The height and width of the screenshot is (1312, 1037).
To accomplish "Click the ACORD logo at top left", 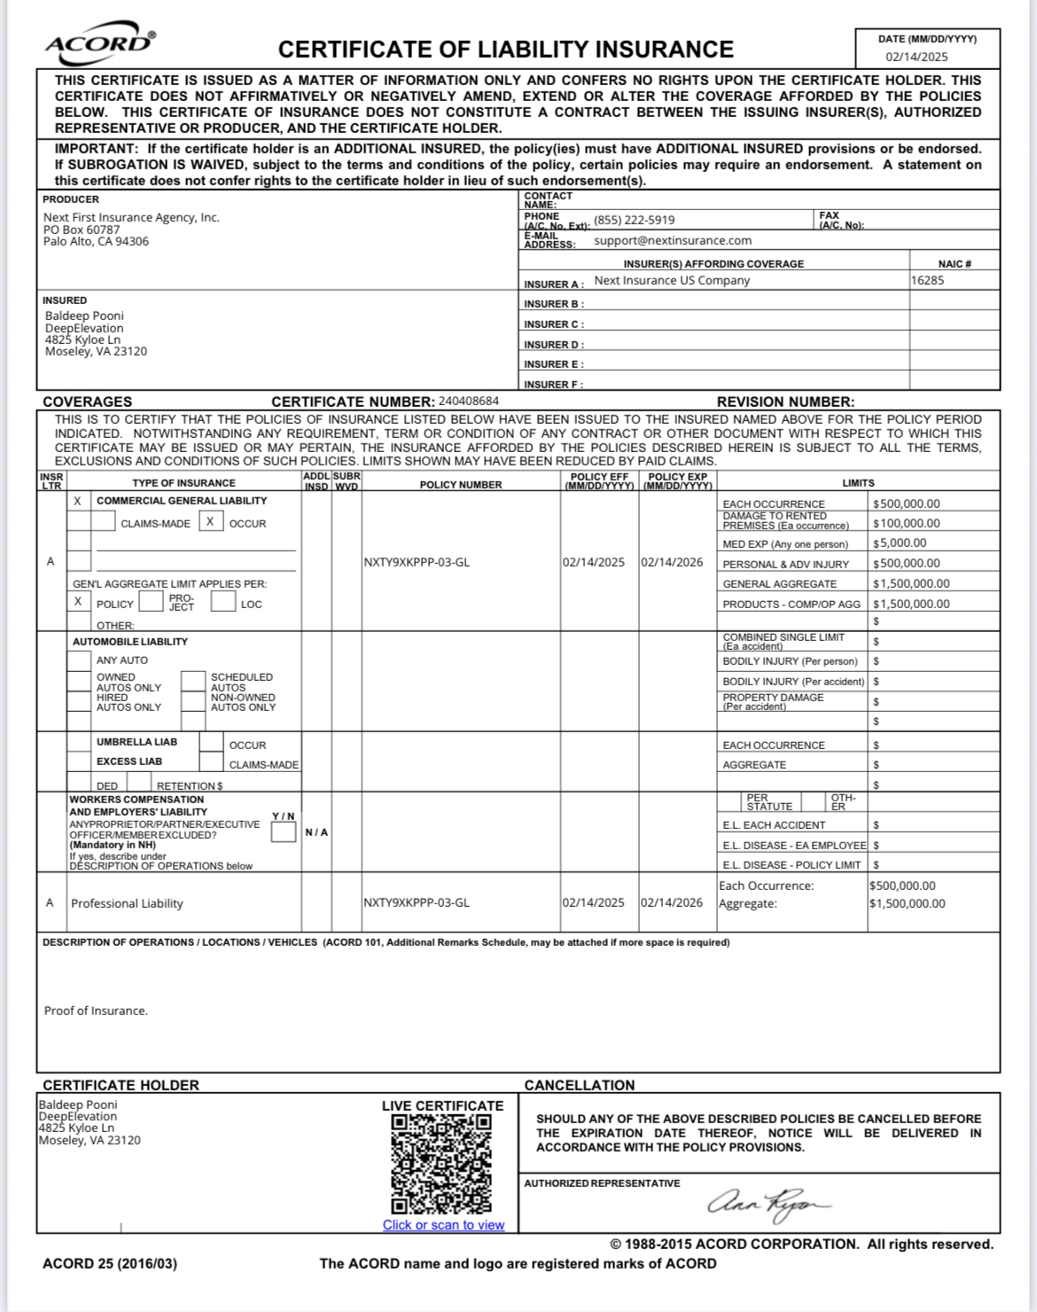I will click(x=99, y=43).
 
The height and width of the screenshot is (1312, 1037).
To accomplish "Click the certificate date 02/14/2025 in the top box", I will click(x=916, y=57).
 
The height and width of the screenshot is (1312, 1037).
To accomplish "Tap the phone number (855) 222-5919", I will click(x=634, y=220).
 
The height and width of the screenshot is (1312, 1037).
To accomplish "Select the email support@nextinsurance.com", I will click(x=672, y=240).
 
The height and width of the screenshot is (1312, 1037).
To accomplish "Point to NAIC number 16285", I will click(x=927, y=280).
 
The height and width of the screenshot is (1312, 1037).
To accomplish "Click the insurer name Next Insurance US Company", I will click(x=671, y=280).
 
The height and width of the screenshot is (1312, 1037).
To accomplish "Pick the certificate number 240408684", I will click(x=468, y=401).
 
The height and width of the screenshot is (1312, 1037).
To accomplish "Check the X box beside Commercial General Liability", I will click(x=78, y=501).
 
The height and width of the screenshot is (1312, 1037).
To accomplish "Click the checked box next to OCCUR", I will click(x=210, y=521).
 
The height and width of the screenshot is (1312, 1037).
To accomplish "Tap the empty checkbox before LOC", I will click(x=223, y=602).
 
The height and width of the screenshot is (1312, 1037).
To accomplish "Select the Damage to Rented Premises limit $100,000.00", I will click(x=906, y=523).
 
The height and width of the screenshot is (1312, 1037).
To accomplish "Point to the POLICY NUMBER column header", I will click(x=461, y=485).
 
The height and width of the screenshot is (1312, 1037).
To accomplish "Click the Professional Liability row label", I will click(x=127, y=903).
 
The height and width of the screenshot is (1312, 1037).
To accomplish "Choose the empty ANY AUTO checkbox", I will click(x=79, y=660).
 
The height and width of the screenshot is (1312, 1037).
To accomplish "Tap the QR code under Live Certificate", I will click(x=441, y=1163).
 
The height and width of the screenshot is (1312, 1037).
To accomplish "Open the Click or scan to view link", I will click(x=443, y=1225).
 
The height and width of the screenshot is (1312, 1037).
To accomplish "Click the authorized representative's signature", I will click(x=768, y=1203).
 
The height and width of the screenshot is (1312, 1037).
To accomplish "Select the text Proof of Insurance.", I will click(x=96, y=1011).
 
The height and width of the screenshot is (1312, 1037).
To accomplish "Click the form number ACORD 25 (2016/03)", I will click(x=110, y=1263).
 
